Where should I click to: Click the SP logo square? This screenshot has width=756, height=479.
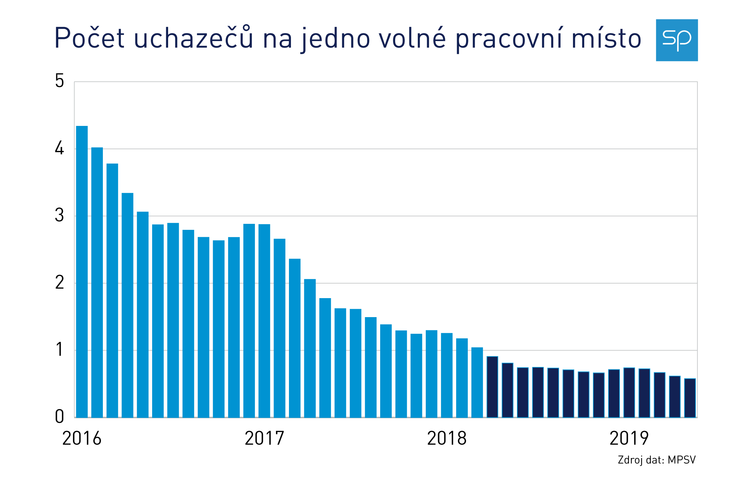tap(676, 40)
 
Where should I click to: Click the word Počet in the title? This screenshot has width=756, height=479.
tap(89, 38)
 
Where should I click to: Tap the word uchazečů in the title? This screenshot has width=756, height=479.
tap(193, 38)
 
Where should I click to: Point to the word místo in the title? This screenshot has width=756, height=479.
tap(606, 38)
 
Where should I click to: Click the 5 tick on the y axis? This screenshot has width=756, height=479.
tap(60, 81)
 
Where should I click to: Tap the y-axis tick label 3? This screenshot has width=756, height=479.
tap(60, 216)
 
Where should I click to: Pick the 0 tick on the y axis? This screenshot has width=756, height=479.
tap(60, 417)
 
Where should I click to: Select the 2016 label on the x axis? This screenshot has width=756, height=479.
tap(82, 438)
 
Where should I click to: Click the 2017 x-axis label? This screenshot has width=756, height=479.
tap(264, 438)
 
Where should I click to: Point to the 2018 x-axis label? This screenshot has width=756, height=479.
tap(447, 438)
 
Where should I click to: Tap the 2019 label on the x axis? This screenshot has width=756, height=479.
tap(629, 438)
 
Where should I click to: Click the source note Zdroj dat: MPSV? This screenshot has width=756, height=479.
tap(656, 460)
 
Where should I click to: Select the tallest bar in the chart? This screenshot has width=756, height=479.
tap(82, 271)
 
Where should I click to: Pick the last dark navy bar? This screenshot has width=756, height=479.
tap(690, 398)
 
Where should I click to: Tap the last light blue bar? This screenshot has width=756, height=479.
tap(477, 382)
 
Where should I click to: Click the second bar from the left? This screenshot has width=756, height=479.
tap(97, 282)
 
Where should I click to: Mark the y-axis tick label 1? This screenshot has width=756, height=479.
tap(60, 350)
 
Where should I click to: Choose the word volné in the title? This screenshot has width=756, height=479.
tap(412, 38)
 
